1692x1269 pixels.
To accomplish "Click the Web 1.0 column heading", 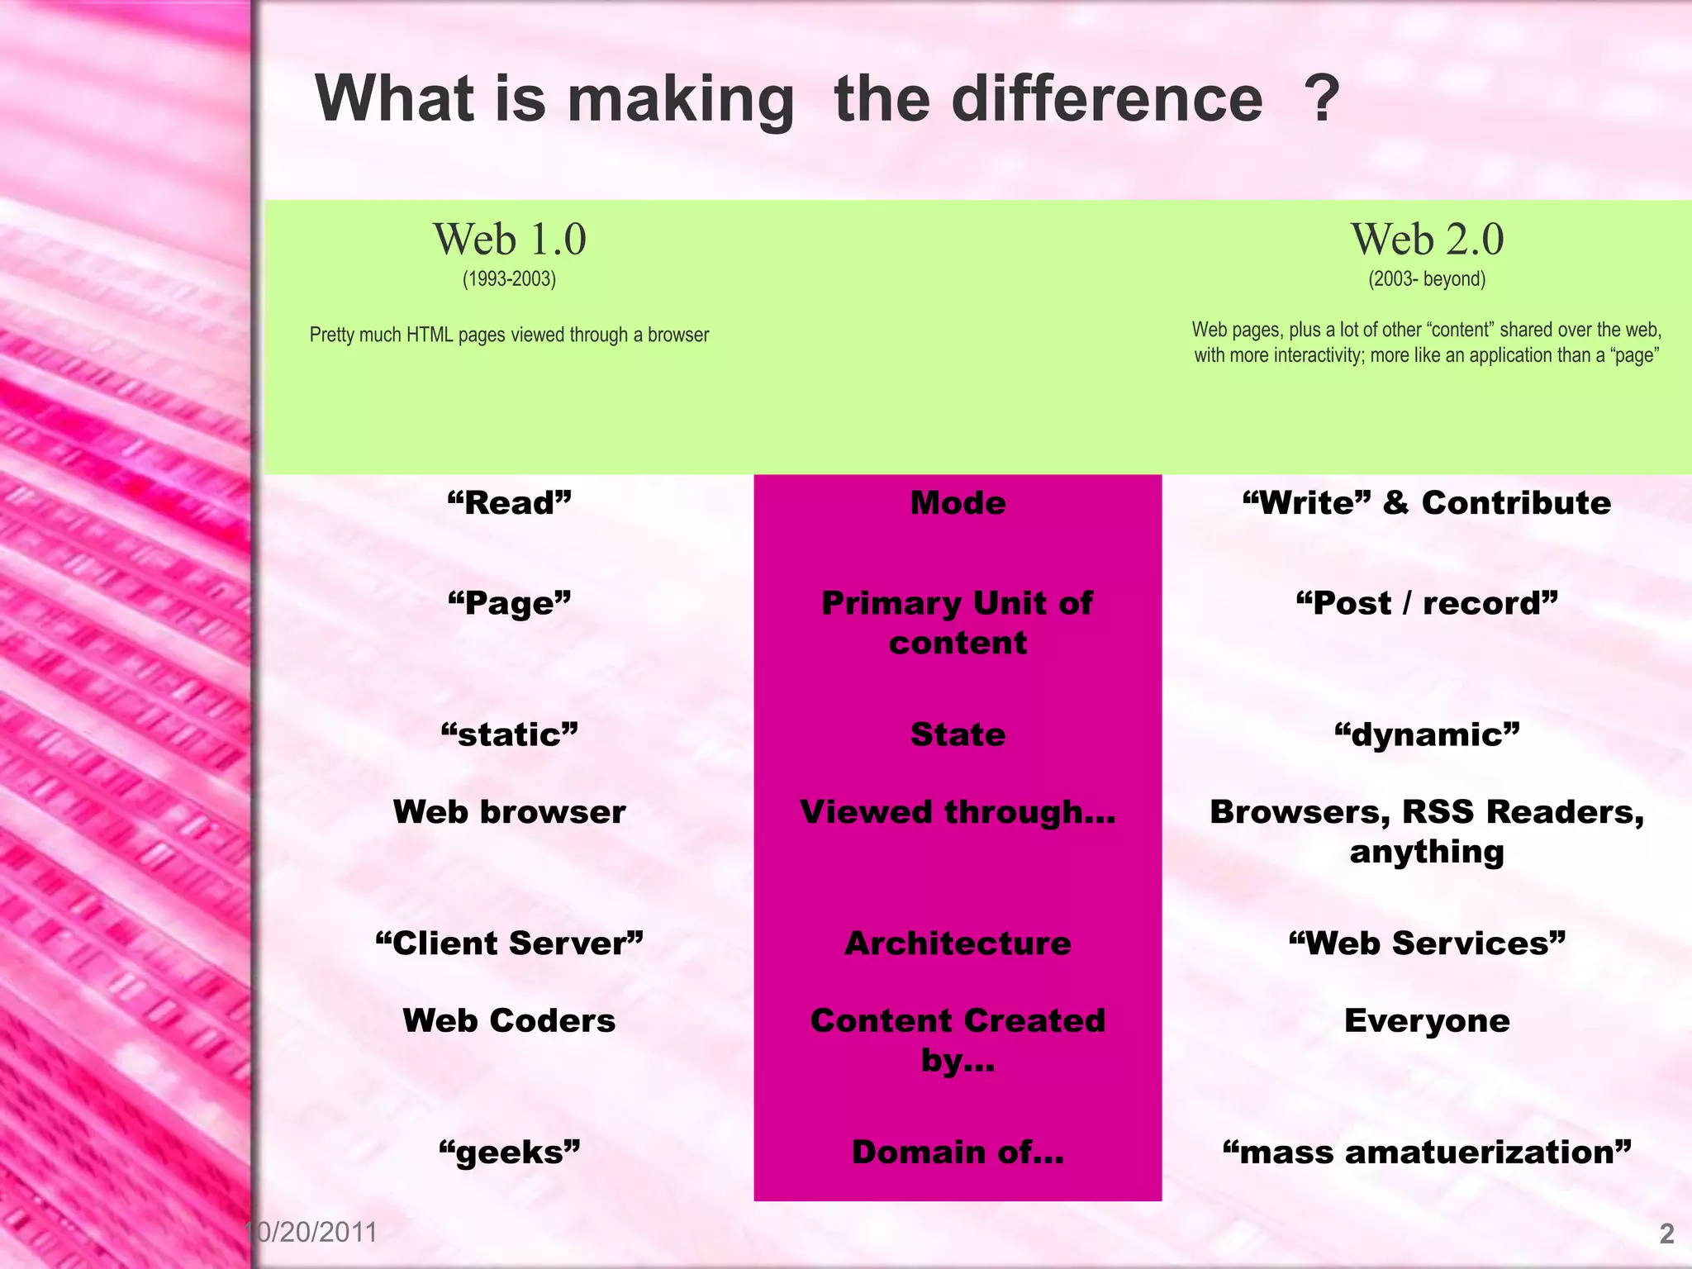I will click(510, 240).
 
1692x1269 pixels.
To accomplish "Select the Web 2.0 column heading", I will click(1427, 240).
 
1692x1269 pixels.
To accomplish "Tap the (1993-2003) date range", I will click(509, 279).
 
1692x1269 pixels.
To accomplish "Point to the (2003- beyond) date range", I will click(1427, 279).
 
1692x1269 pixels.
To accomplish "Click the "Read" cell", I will click(509, 503).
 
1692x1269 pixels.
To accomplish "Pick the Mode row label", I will click(958, 503).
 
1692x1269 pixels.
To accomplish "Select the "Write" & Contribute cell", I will click(1427, 503).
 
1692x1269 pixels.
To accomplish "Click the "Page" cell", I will click(509, 603).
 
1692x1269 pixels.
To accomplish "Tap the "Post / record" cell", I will click(1427, 603).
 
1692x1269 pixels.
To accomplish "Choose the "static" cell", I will click(509, 734).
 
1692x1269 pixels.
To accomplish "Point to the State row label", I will click(958, 734).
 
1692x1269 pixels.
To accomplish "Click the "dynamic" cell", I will click(1427, 734).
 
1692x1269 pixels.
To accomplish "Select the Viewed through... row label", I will click(958, 812).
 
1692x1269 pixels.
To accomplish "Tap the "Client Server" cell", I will click(509, 943).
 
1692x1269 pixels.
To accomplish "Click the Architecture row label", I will click(958, 943).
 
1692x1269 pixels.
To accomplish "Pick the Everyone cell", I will click(1427, 1021).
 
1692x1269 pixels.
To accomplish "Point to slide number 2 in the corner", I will click(1666, 1233).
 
